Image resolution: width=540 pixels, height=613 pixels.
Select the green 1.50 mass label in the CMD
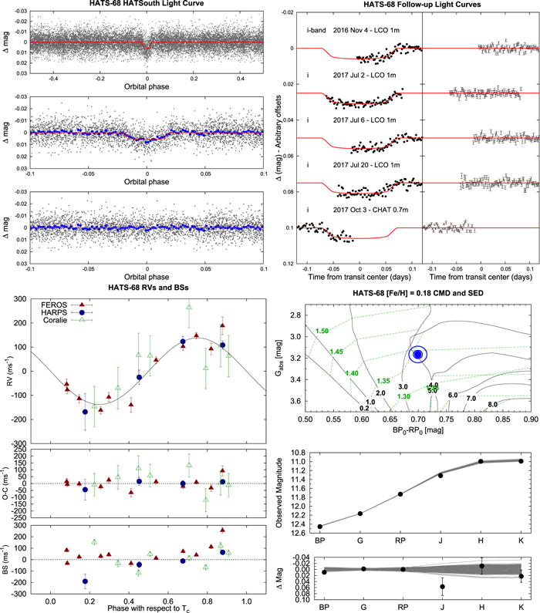tap(322, 331)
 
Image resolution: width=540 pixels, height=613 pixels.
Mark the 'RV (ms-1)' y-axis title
tap(10, 372)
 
